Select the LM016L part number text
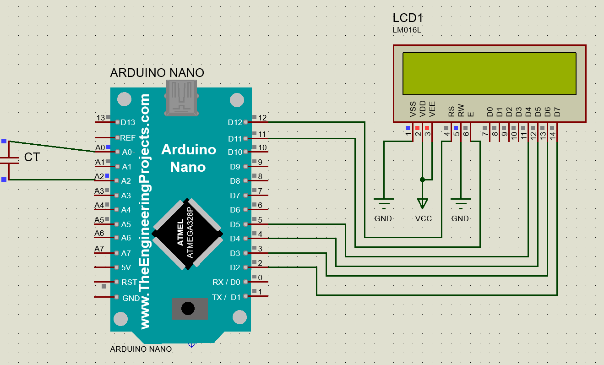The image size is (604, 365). point(407,30)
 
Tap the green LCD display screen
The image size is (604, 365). point(489,73)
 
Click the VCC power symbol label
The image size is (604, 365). point(423,218)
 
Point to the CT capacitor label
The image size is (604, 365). point(32,158)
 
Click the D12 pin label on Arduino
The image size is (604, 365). point(235,122)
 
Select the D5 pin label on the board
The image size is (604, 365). point(235,224)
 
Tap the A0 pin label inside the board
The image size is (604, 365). point(126,152)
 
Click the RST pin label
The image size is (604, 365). point(129,282)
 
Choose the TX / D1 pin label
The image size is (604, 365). point(226,297)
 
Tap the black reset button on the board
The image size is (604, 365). point(188,308)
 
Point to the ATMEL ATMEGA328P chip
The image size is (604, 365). point(188,232)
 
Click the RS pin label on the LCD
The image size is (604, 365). point(451,111)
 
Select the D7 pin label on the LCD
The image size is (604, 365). point(557,111)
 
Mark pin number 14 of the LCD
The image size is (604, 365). point(553,135)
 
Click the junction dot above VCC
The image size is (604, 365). point(423,180)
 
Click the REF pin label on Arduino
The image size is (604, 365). point(128,137)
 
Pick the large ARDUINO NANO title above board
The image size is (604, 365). point(157,73)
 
